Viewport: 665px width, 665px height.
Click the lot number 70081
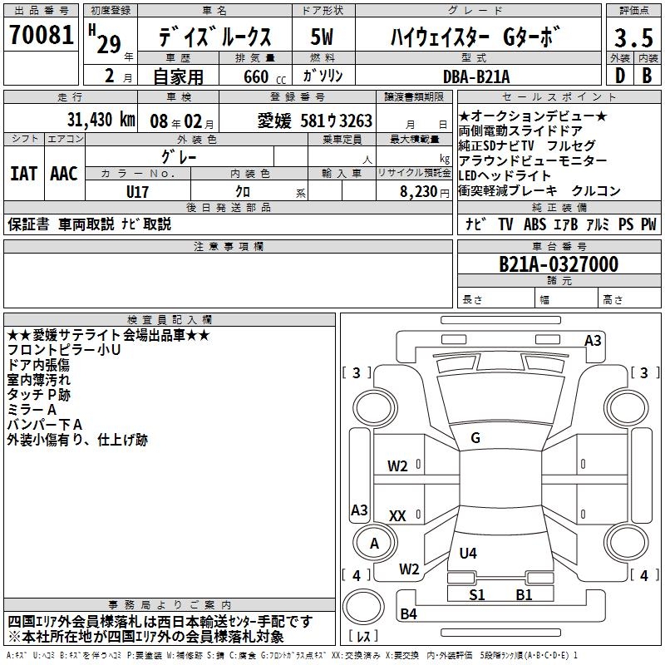(x=42, y=37)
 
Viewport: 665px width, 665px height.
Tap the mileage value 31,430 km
(x=101, y=121)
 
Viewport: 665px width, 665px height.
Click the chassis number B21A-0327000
(x=558, y=264)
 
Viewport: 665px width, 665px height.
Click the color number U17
(x=138, y=191)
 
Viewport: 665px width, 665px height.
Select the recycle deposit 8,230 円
(x=424, y=191)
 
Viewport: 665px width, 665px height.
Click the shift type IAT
(x=22, y=173)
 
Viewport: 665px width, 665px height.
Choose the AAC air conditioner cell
(x=63, y=173)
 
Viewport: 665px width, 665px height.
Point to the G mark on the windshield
(x=475, y=438)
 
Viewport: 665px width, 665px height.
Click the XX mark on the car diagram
(x=397, y=516)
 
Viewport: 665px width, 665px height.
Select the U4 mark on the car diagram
(x=468, y=553)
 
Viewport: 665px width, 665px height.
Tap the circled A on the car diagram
(x=374, y=544)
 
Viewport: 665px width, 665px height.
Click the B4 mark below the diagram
(x=408, y=614)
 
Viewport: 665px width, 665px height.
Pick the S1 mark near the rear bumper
(x=476, y=594)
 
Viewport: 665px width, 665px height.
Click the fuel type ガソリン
(x=323, y=76)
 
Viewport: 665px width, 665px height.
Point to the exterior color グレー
(x=179, y=155)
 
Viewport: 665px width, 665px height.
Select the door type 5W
(x=323, y=37)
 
